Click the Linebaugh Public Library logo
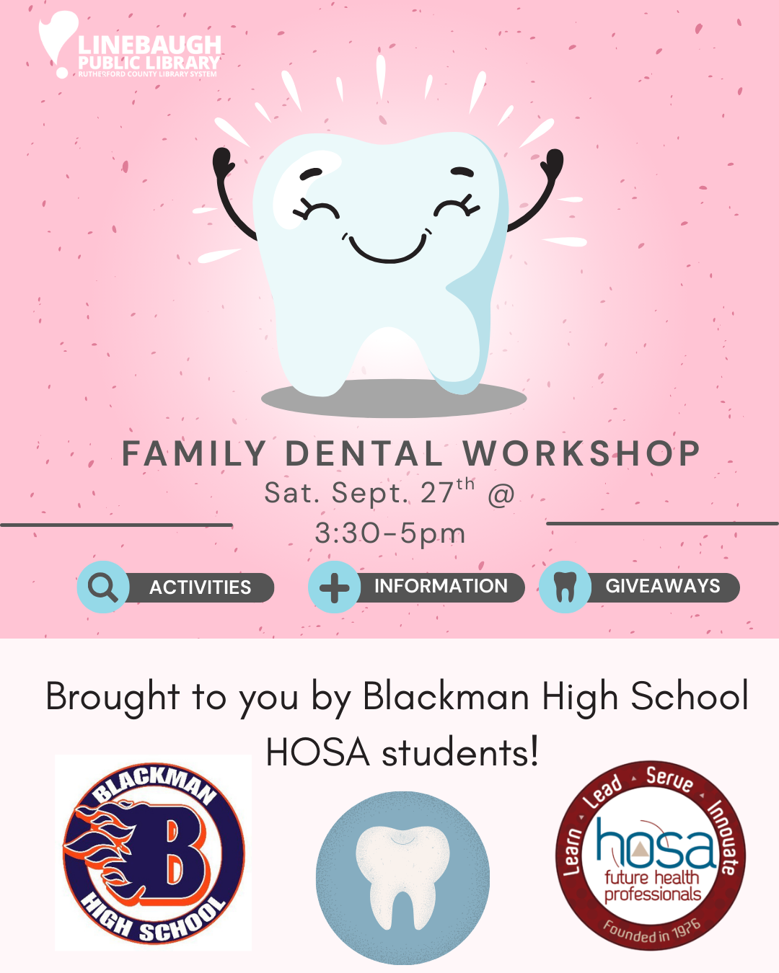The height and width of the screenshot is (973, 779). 130,45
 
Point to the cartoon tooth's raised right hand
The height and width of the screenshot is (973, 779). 553,162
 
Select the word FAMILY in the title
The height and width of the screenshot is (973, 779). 194,453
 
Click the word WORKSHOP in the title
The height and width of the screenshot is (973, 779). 581,453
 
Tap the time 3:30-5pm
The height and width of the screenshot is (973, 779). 390,533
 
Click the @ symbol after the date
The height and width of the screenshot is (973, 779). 501,494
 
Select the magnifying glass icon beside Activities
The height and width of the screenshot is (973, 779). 102,587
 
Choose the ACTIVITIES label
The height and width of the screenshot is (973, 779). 200,587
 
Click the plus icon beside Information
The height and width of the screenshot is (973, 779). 335,587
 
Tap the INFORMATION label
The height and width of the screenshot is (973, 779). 441,586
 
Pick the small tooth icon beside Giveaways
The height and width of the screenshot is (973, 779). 565,587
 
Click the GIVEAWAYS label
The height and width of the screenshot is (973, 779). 663,586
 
